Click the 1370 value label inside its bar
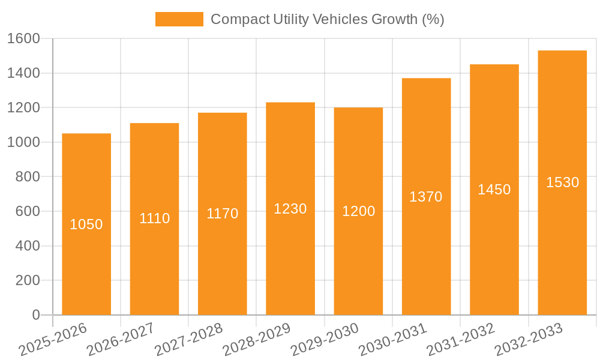[426, 196]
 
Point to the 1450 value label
[494, 190]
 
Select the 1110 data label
[154, 218]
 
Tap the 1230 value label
[290, 208]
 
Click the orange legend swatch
[179, 19]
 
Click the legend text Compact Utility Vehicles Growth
[327, 19]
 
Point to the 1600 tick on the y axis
[23, 39]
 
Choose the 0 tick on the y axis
[35, 315]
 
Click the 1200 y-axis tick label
[23, 108]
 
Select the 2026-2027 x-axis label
[121, 339]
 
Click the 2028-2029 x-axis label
[257, 339]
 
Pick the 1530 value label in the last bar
[562, 182]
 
